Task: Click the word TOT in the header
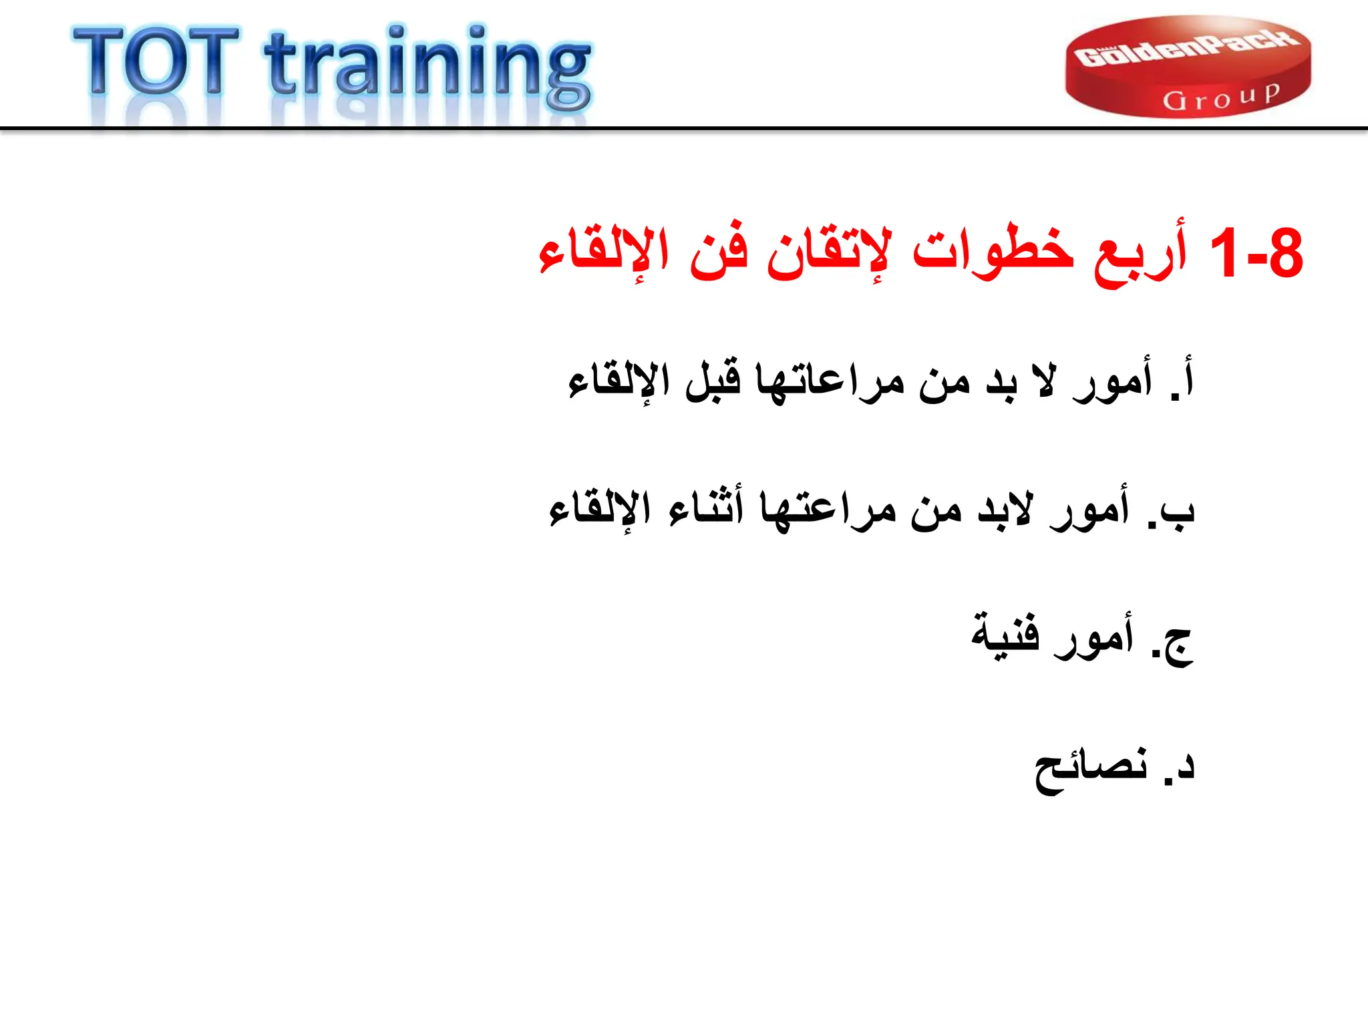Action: (155, 61)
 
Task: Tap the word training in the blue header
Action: (427, 67)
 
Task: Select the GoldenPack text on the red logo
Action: (1187, 48)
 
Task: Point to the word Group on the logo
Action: (1221, 98)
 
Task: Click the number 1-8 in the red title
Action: (1256, 254)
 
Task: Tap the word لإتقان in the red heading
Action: (828, 254)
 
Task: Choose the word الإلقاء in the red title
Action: (604, 254)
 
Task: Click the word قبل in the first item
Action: (713, 381)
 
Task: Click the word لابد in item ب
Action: (1006, 510)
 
